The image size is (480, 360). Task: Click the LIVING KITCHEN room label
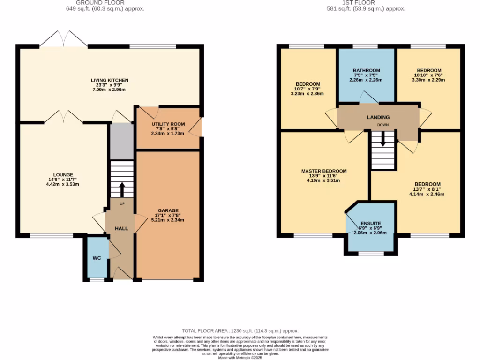[x=110, y=80]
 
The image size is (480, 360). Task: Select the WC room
[x=97, y=258]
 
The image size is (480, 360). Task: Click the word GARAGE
[x=168, y=210]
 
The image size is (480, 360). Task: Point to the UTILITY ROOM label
[x=168, y=124]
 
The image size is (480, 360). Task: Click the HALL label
[x=122, y=228]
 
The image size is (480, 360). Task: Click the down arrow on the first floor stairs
[x=384, y=139]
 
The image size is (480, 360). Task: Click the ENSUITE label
[x=370, y=223]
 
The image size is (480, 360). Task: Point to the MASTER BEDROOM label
[x=323, y=171]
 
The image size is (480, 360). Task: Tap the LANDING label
[x=378, y=117]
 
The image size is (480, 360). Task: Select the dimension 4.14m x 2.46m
[x=427, y=194]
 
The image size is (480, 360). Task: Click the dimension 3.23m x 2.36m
[x=307, y=93]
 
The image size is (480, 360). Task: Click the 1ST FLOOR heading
[x=366, y=3]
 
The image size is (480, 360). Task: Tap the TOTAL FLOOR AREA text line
[x=240, y=331]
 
